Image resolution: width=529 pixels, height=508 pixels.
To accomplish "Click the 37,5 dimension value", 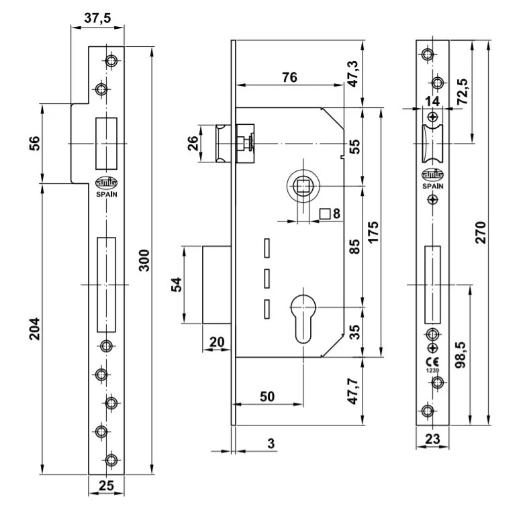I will [x=98, y=19].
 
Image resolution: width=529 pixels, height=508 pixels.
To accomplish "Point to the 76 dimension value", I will [x=289, y=77].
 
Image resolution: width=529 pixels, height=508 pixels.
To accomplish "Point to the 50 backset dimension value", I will [x=267, y=397].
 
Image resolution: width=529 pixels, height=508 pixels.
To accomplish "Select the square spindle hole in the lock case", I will [x=303, y=185].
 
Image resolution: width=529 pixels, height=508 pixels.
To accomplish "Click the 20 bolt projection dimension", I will [x=218, y=342].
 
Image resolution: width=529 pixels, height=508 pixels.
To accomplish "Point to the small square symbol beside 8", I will [x=324, y=215].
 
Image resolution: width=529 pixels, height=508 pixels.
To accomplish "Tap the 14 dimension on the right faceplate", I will [x=432, y=101].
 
